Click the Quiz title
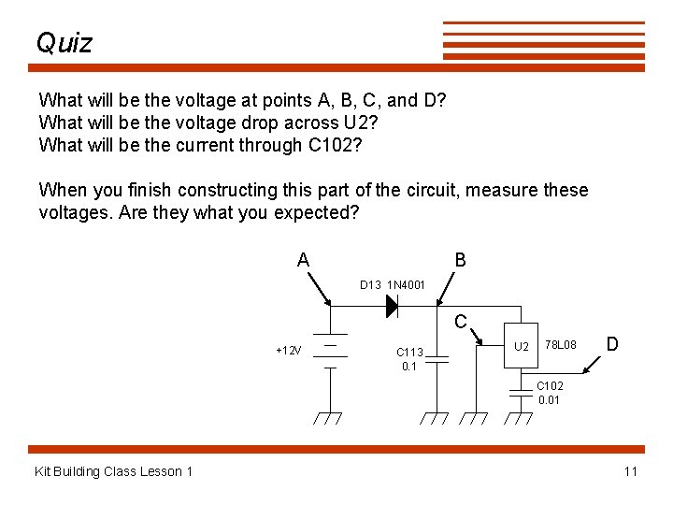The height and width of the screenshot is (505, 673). click(x=64, y=43)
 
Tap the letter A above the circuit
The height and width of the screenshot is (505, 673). click(x=303, y=260)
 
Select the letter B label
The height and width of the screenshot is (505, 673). click(x=460, y=260)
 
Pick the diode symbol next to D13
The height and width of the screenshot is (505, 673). click(x=393, y=305)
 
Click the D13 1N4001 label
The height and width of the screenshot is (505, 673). click(x=393, y=284)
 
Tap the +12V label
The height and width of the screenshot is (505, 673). click(x=289, y=351)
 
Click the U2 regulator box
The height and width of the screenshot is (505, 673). click(x=522, y=346)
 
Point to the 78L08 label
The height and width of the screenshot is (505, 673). click(x=562, y=345)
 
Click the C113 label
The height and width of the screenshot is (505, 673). click(x=409, y=353)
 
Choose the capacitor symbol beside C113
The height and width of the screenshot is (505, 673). click(x=436, y=358)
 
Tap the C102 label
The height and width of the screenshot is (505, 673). click(x=550, y=385)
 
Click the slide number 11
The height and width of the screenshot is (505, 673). click(x=630, y=471)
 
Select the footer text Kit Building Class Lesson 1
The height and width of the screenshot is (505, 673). click(x=113, y=471)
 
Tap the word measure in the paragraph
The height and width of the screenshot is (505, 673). click(x=502, y=190)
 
